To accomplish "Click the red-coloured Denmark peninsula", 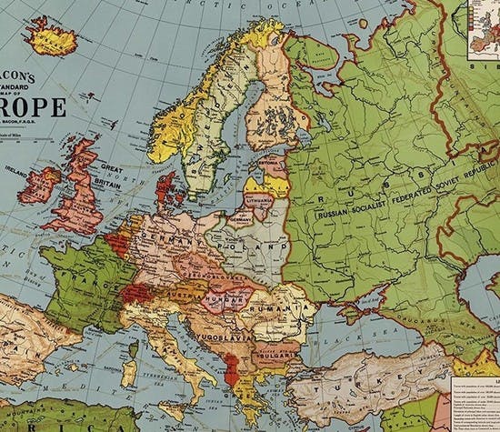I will pos(165,187).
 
